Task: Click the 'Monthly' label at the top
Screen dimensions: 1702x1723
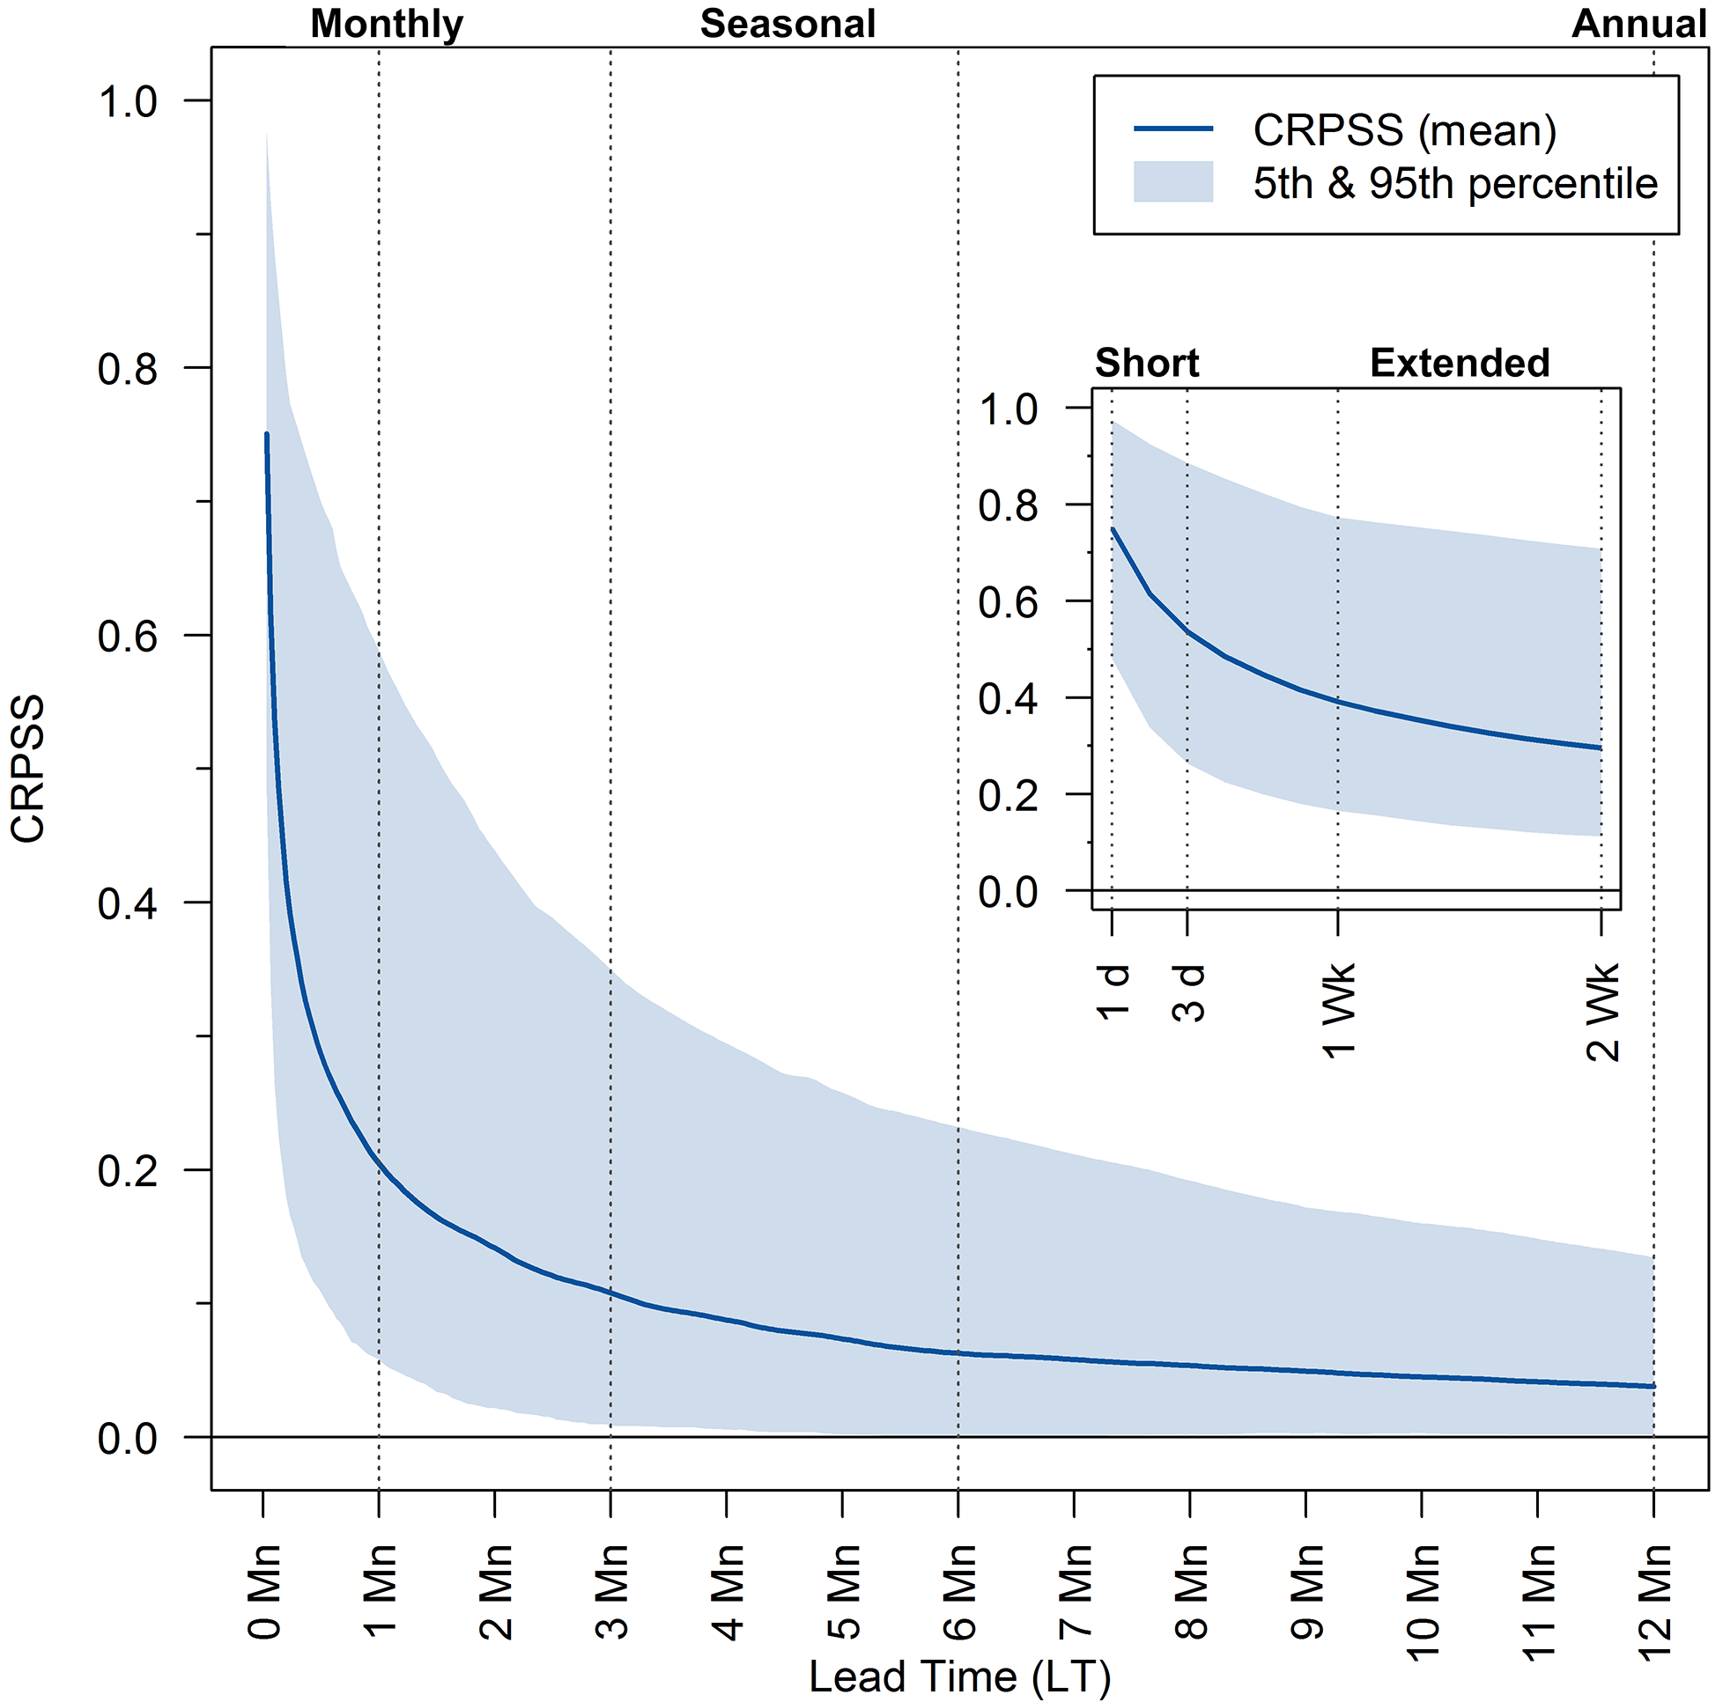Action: (386, 24)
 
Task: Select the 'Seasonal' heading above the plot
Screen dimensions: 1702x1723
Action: (788, 24)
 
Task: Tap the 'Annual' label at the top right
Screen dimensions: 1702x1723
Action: (1638, 24)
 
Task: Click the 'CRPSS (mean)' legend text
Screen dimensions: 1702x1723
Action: (1405, 130)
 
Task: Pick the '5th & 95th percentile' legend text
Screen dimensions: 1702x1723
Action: (1454, 184)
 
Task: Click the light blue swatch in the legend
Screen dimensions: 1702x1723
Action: (1172, 182)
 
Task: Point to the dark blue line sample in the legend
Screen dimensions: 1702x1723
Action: (1172, 129)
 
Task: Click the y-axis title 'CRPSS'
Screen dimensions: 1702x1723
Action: (28, 769)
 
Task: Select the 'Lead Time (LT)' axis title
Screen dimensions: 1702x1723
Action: (959, 1676)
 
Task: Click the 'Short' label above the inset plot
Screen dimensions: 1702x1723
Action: (1147, 363)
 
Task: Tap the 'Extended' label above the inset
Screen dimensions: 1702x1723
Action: (1460, 363)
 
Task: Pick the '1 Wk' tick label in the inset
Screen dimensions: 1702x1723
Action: (1339, 1011)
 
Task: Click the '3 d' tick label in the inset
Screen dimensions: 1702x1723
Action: (1188, 993)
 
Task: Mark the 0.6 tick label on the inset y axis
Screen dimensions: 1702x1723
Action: (1008, 602)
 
